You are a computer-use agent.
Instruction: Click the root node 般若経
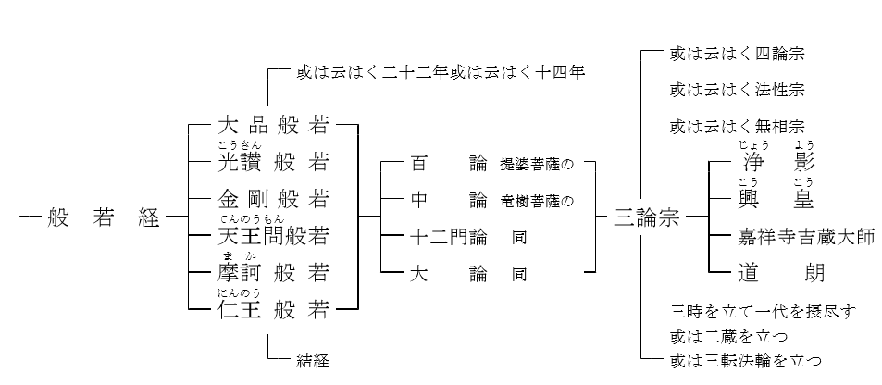[x=93, y=219]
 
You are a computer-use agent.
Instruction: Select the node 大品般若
[x=274, y=125]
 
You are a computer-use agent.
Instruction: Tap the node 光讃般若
[x=274, y=163]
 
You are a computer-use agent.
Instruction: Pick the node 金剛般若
[x=274, y=198]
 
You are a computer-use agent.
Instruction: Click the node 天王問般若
[x=274, y=235]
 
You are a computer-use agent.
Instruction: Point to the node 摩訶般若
[x=274, y=272]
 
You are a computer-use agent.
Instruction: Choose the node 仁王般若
[x=274, y=309]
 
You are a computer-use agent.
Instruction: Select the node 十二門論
[x=448, y=238]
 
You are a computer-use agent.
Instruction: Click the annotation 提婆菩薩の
[x=537, y=165]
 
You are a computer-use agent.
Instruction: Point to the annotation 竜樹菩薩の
[x=537, y=200]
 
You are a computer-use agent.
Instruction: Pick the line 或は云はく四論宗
[x=737, y=54]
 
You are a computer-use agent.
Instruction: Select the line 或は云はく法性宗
[x=737, y=90]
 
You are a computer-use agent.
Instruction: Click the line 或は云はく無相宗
[x=737, y=125]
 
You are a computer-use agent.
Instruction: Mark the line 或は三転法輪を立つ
[x=745, y=359]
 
